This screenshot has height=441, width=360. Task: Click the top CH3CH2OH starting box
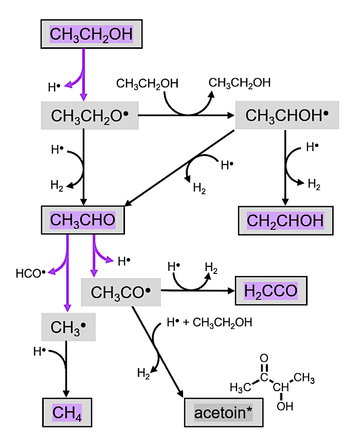pos(91,34)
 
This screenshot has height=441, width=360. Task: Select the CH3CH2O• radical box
pos(89,116)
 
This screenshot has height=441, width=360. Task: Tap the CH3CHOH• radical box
pos(287,115)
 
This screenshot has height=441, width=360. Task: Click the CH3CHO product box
pos(83,220)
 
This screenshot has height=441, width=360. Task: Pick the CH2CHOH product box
pos(285,220)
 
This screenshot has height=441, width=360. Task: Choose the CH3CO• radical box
pos(121,292)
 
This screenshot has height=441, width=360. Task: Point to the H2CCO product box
pos(271,291)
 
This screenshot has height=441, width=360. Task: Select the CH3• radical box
pos(68,327)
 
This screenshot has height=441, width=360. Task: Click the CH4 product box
pos(67,412)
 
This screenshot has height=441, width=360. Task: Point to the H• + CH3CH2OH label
pos(209,323)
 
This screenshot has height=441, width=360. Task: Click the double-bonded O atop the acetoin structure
pos(264,358)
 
